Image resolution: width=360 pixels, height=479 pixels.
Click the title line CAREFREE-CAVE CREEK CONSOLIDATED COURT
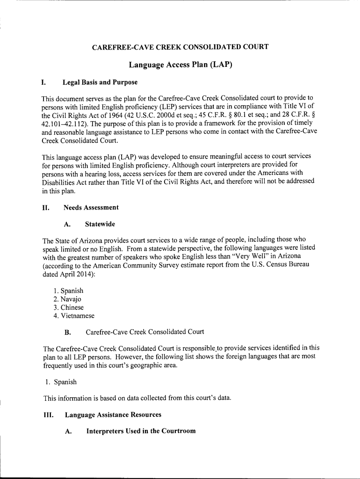click(x=180, y=47)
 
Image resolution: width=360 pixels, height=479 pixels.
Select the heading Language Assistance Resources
click(x=113, y=414)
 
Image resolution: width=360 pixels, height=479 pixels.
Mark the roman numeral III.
click(x=48, y=414)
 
